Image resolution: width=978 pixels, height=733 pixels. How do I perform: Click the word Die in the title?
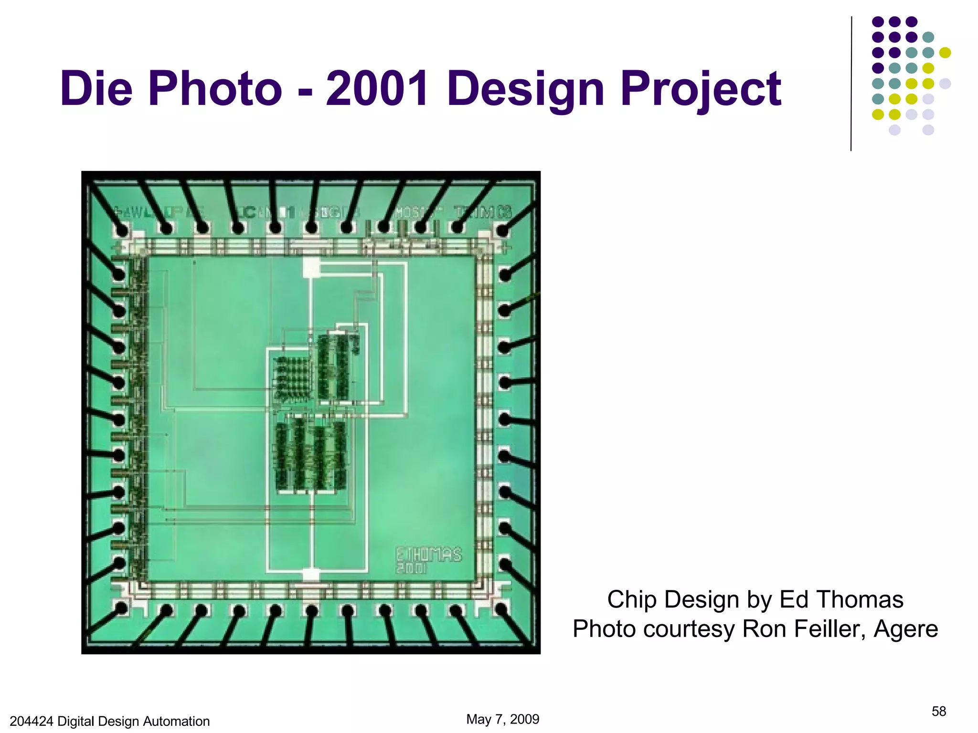[x=96, y=89]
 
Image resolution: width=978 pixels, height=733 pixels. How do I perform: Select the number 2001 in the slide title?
[x=377, y=89]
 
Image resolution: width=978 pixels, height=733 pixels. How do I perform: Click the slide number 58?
[x=938, y=712]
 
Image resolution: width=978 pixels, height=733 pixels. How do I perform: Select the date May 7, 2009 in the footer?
[x=502, y=719]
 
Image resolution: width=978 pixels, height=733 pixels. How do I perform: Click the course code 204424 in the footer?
[x=32, y=721]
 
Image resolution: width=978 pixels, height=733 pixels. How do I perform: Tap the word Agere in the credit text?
[x=905, y=628]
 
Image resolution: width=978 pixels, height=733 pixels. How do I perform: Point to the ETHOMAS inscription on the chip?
[x=428, y=554]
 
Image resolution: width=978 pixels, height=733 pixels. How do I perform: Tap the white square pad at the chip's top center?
[x=311, y=267]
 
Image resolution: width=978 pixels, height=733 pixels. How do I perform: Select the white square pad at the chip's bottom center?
[x=311, y=575]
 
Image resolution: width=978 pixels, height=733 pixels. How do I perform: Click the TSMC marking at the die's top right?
[x=482, y=212]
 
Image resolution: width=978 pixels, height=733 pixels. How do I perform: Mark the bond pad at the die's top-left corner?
[x=122, y=231]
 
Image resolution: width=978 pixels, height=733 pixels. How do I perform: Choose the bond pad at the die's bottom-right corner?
[x=501, y=609]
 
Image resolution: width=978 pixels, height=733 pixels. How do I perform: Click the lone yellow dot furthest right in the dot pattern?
[x=945, y=52]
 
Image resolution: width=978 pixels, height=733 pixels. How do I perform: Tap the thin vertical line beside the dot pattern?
[x=851, y=84]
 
